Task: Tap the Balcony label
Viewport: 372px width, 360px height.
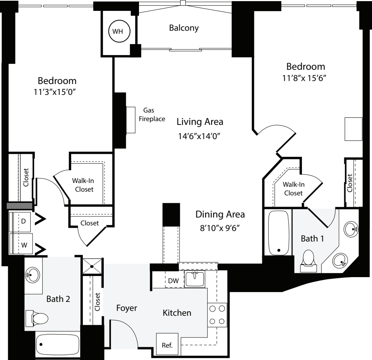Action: click(184, 28)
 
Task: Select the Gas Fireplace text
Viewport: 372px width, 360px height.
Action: click(152, 115)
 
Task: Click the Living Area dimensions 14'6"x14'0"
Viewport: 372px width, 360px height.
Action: click(200, 136)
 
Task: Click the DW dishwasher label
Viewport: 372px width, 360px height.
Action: click(173, 281)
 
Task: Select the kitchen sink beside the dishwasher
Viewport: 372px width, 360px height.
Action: click(195, 279)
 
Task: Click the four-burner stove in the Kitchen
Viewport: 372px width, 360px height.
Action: click(217, 315)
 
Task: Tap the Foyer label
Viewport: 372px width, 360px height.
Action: click(126, 308)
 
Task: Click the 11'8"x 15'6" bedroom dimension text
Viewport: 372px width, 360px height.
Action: click(306, 79)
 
